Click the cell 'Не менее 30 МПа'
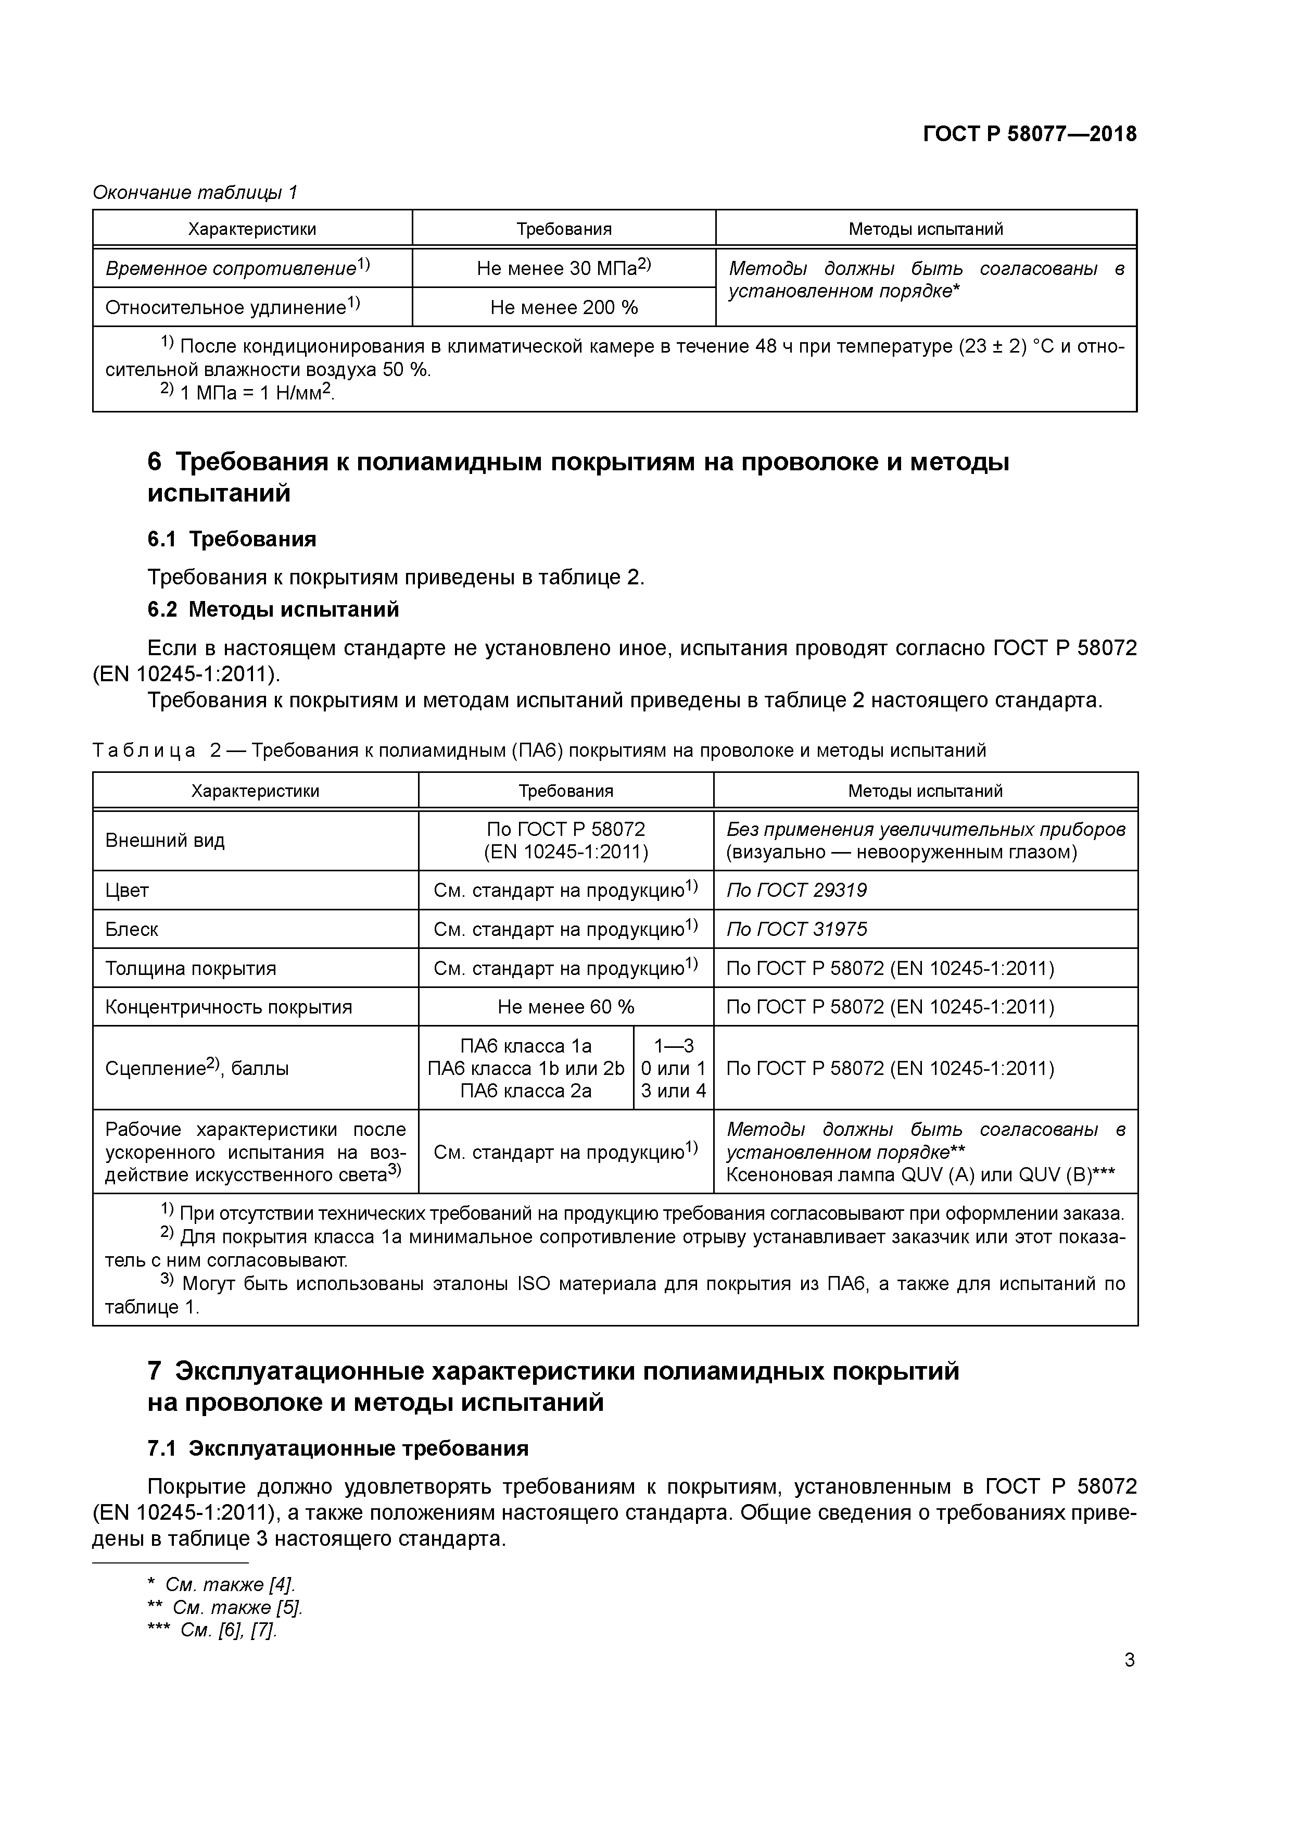563,268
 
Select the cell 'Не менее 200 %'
563,307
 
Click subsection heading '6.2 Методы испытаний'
273,609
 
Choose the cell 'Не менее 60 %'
565,1007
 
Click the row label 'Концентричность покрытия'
229,1007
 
